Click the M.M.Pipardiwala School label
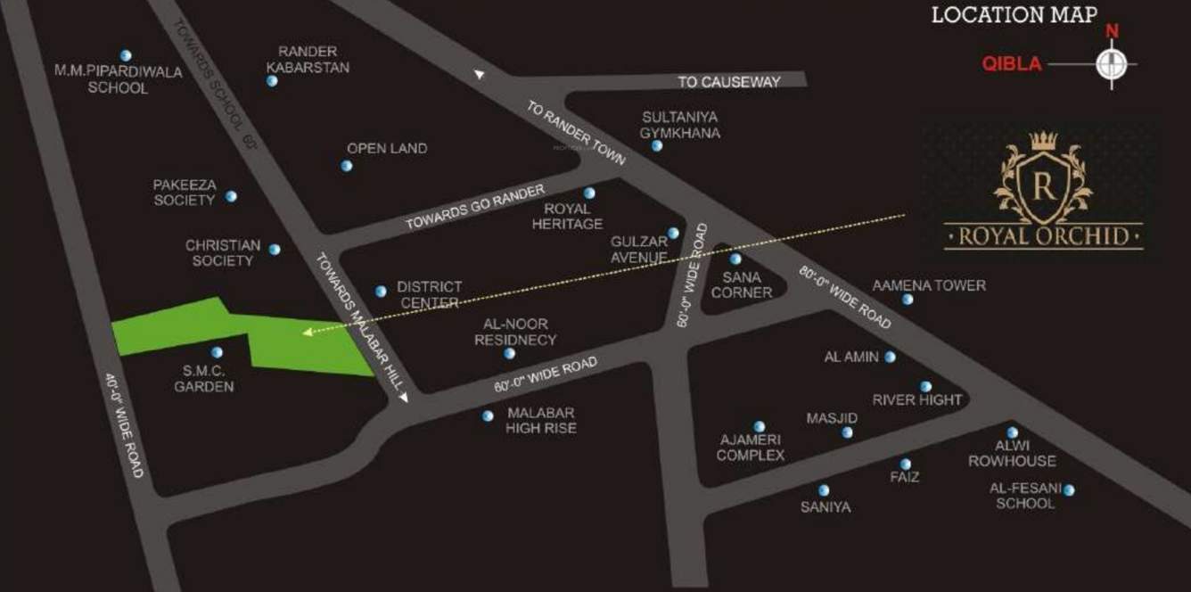(x=118, y=79)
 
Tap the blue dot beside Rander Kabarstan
(x=272, y=81)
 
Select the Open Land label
(x=387, y=148)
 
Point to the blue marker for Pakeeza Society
(x=231, y=196)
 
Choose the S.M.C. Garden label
(x=204, y=379)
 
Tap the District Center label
(x=429, y=294)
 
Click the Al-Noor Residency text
(x=515, y=332)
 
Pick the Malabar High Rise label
(x=541, y=421)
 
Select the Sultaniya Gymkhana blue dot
(x=657, y=146)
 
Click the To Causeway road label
(x=728, y=82)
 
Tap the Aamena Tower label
(x=929, y=285)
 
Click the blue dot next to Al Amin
(x=890, y=357)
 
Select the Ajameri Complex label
(x=751, y=448)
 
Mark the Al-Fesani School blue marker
(x=1068, y=489)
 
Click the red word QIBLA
(x=1011, y=64)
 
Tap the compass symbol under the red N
(x=1111, y=64)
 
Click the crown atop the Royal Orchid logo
(x=1043, y=140)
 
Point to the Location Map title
(x=1014, y=15)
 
